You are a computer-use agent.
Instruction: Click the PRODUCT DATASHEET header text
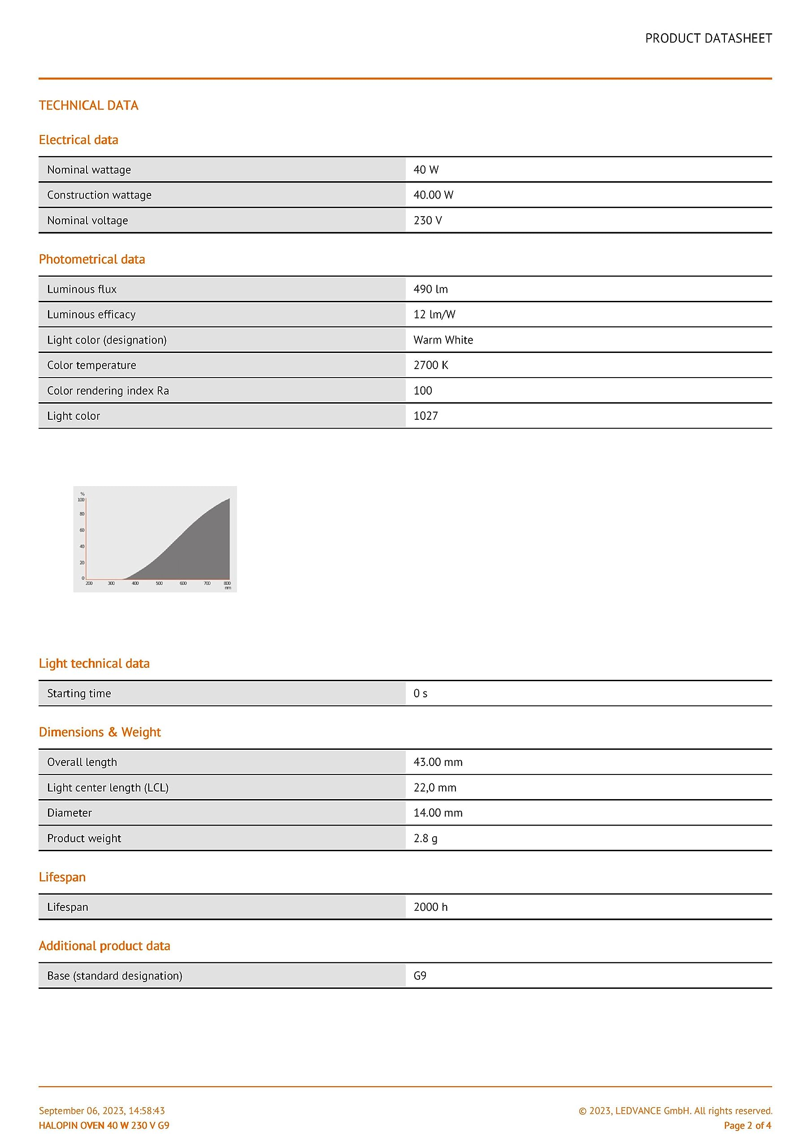pyautogui.click(x=708, y=39)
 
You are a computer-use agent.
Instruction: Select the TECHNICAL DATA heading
pyautogui.click(x=88, y=105)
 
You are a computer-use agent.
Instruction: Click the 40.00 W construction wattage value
pyautogui.click(x=433, y=195)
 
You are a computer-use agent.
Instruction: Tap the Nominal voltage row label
pyautogui.click(x=87, y=221)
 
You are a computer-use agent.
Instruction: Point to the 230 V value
pyautogui.click(x=428, y=221)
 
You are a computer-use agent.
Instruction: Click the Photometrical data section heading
pyautogui.click(x=92, y=260)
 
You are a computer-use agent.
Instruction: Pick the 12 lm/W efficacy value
pyautogui.click(x=434, y=314)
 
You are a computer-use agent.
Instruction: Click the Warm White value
pyautogui.click(x=443, y=340)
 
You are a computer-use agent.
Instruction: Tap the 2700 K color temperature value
pyautogui.click(x=430, y=365)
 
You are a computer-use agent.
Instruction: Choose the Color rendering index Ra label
pyautogui.click(x=108, y=391)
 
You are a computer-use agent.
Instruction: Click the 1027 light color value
pyautogui.click(x=425, y=416)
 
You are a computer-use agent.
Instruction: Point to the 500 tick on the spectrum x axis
pyautogui.click(x=159, y=583)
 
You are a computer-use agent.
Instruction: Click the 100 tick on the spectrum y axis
pyautogui.click(x=81, y=500)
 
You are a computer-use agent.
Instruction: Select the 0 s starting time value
pyautogui.click(x=420, y=693)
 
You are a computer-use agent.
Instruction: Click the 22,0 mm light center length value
pyautogui.click(x=434, y=788)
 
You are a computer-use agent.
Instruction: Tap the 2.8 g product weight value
pyautogui.click(x=425, y=839)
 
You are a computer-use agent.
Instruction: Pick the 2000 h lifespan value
pyautogui.click(x=430, y=907)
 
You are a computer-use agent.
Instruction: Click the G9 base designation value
pyautogui.click(x=420, y=976)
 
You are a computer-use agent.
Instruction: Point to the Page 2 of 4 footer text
pyautogui.click(x=747, y=1126)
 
